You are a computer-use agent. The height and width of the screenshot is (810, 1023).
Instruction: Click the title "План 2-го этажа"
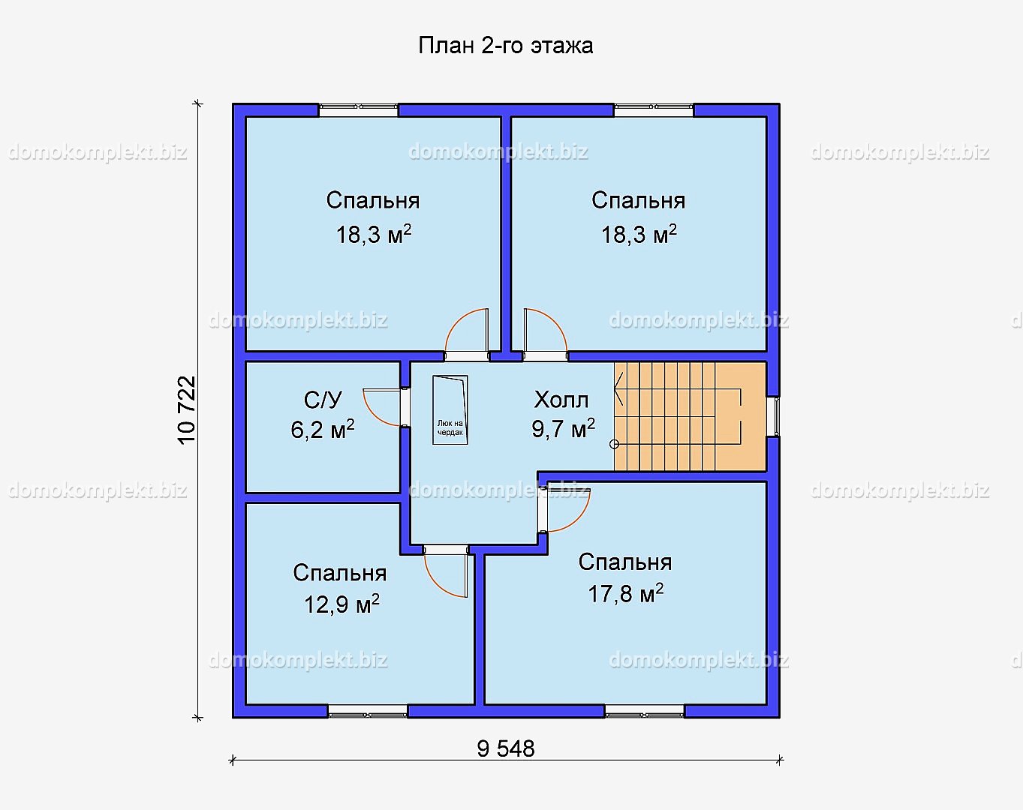click(x=505, y=46)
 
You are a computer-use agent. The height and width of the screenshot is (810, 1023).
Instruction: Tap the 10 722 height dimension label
click(x=187, y=410)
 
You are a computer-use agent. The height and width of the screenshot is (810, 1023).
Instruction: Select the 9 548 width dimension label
click(x=506, y=749)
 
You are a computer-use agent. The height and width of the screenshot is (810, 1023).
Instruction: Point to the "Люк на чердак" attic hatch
click(x=450, y=410)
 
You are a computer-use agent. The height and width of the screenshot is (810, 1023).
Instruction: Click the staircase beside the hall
click(x=690, y=417)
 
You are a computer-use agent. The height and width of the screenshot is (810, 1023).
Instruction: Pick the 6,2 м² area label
click(x=323, y=430)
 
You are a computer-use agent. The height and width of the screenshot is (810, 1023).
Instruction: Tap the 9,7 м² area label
click(x=564, y=428)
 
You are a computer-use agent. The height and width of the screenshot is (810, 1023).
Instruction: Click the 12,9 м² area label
click(x=342, y=604)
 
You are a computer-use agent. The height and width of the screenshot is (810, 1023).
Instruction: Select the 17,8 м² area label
click(x=626, y=593)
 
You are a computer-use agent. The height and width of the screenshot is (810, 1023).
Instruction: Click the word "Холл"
click(x=561, y=400)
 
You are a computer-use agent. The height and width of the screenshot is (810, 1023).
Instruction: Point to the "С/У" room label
click(x=323, y=400)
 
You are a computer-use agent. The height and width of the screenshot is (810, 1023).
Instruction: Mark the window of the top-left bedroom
click(x=358, y=109)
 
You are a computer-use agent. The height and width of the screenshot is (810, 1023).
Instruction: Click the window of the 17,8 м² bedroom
click(x=644, y=711)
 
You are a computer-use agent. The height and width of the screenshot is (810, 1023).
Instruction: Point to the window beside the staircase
click(x=773, y=417)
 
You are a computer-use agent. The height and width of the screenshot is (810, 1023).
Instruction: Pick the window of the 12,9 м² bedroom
click(x=368, y=711)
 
